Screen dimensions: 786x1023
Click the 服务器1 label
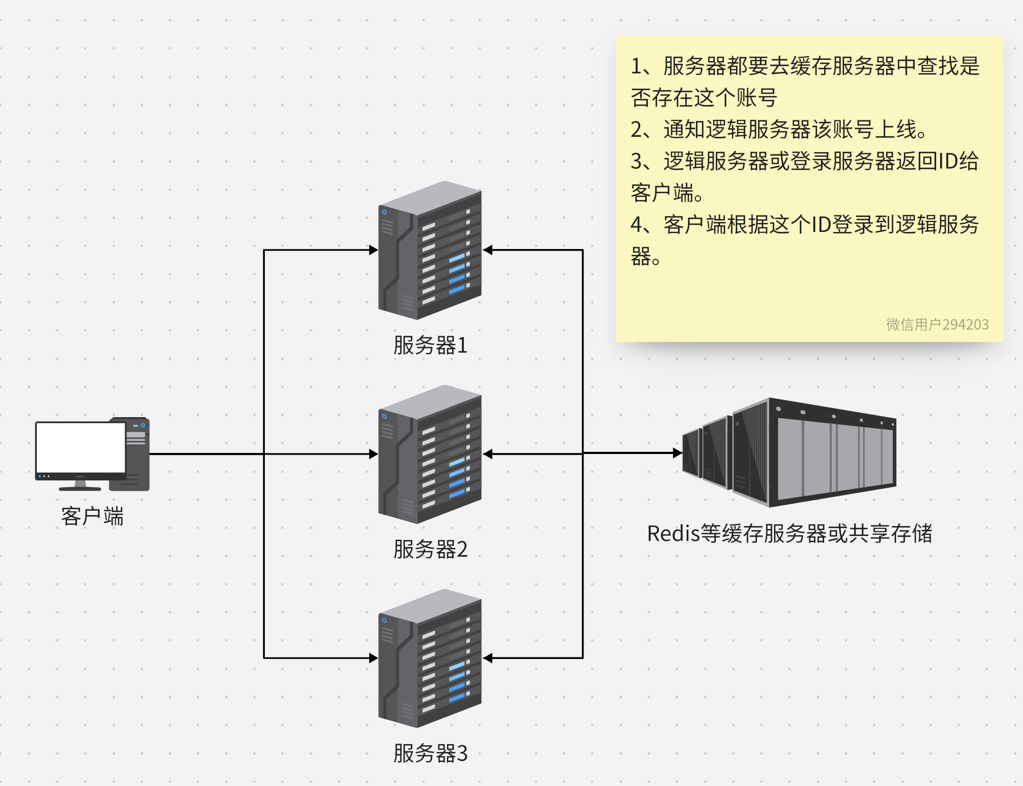coord(430,346)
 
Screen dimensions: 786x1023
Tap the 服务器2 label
coord(430,550)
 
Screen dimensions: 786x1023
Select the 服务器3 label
coord(430,754)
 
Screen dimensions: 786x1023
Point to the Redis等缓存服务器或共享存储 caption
coord(790,534)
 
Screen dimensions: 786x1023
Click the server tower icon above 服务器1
coord(430,251)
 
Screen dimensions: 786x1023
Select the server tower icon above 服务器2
coord(430,455)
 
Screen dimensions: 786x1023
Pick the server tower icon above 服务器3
coord(430,658)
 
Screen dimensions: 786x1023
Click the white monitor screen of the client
coord(81,447)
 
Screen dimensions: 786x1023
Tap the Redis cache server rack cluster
coord(789,452)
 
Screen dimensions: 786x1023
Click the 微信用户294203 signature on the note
coord(937,325)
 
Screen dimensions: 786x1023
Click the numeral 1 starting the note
coord(636,67)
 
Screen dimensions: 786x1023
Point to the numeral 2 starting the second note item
coord(636,130)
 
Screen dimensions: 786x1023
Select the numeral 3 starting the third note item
coord(636,162)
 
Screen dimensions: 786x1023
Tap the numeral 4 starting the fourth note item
coord(636,225)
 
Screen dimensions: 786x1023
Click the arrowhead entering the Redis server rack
coord(677,453)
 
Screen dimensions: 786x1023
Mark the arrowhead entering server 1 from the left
coord(374,251)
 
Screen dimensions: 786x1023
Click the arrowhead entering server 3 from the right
coord(488,658)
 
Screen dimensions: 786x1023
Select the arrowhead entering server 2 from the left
coord(374,454)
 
